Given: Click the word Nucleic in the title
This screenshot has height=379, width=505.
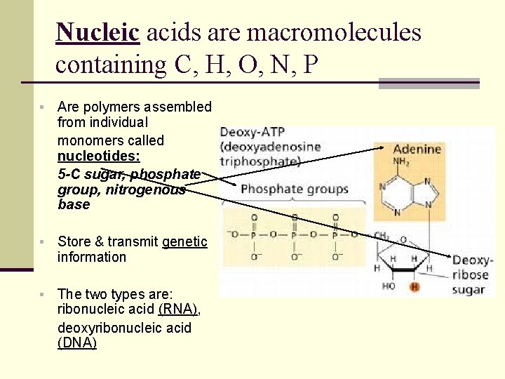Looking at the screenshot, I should (99, 32).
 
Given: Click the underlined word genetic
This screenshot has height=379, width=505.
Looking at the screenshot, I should (184, 241).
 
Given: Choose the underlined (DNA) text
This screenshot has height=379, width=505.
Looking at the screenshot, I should (76, 343).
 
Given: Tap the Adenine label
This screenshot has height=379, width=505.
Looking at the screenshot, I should (417, 149).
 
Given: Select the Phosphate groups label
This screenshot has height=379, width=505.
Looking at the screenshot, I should (295, 189).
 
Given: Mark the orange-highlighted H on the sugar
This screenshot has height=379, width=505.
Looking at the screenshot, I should (414, 286).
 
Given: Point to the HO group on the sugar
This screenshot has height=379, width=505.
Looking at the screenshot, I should (388, 286).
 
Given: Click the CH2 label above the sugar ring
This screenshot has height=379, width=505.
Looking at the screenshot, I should (382, 236).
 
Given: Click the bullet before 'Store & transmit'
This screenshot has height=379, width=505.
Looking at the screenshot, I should (42, 242).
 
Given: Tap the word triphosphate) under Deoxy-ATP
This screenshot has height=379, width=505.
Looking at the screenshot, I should (260, 161).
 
